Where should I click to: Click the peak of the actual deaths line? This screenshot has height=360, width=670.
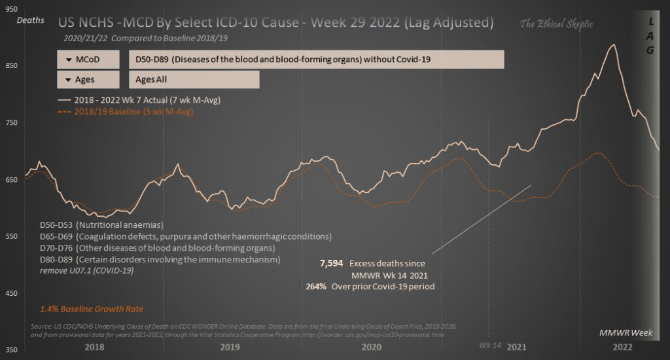[x=613, y=45]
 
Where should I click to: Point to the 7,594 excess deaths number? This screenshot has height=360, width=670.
[x=330, y=263]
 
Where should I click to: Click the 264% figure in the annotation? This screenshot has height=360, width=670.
[x=316, y=286]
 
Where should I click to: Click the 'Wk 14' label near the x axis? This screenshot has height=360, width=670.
[x=489, y=344]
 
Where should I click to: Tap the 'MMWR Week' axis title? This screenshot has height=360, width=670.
[x=626, y=333]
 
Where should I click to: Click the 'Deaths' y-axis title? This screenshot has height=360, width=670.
[x=30, y=20]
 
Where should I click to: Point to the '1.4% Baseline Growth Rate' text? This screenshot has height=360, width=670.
[x=92, y=308]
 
